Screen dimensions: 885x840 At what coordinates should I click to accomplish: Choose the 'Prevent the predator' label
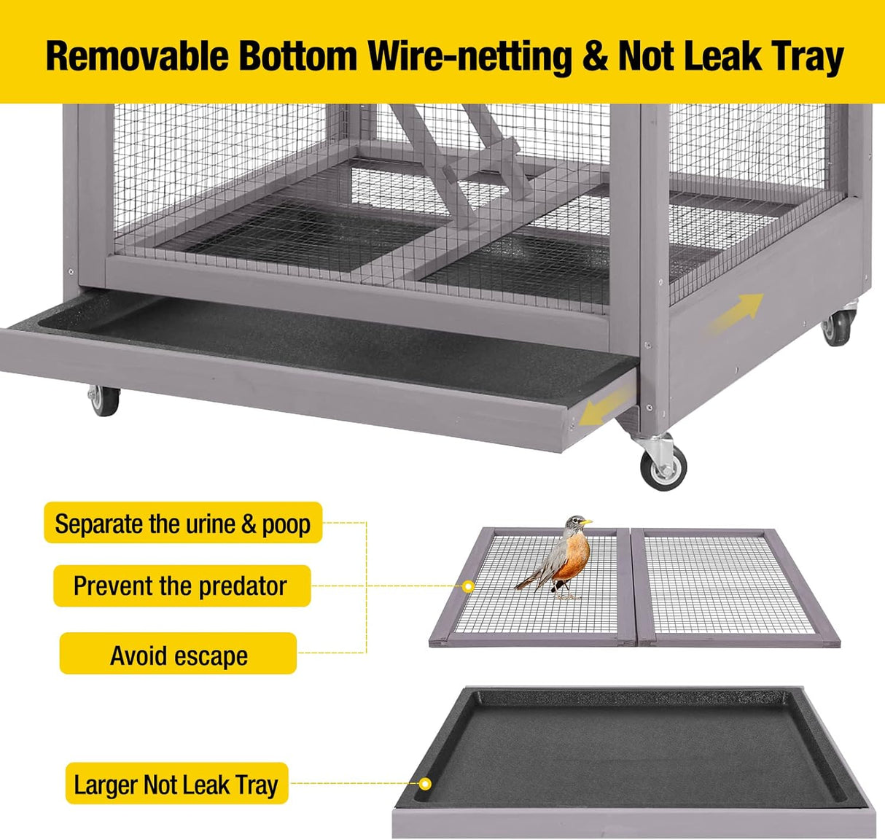(182, 586)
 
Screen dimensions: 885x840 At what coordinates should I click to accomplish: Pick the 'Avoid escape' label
(179, 653)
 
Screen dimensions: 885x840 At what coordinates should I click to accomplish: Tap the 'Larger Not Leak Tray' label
(177, 784)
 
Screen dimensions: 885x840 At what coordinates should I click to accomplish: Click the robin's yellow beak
(587, 521)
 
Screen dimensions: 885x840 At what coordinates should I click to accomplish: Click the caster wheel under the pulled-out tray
(104, 400)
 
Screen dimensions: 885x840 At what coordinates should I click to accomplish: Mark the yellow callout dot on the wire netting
(468, 586)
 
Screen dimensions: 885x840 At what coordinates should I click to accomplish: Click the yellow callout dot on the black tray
(425, 784)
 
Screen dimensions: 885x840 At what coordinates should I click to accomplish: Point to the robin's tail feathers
(531, 581)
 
